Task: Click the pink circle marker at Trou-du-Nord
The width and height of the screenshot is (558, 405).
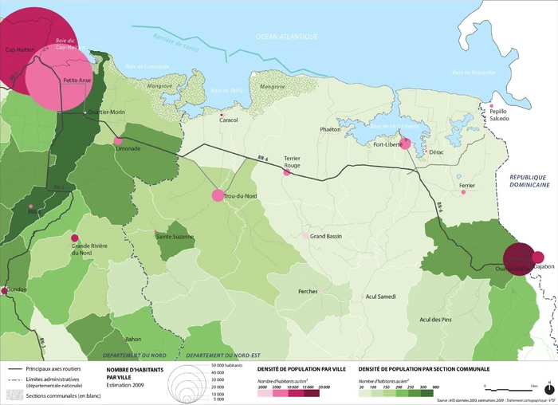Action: tap(218, 195)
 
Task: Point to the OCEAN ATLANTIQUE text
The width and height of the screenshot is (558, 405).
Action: tap(287, 37)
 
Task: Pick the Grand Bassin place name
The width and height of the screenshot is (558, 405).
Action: tap(327, 237)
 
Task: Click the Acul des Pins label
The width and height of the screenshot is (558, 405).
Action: tap(435, 320)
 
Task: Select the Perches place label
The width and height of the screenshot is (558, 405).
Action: tap(308, 291)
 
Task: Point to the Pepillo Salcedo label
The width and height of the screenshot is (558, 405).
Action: tap(499, 115)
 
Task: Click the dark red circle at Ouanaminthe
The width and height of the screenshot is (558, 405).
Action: tap(519, 258)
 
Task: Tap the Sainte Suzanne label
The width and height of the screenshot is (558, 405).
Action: tap(175, 236)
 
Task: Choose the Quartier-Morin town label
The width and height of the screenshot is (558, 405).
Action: tap(105, 112)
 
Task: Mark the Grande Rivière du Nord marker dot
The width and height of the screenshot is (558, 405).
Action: tap(75, 238)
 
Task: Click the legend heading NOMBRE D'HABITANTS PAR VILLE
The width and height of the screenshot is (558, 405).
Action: tap(132, 374)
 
